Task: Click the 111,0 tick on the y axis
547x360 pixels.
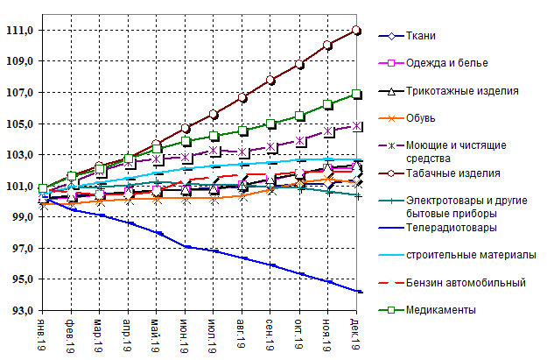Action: pyautogui.click(x=19, y=31)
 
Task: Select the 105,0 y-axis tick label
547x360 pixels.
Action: pyautogui.click(x=19, y=124)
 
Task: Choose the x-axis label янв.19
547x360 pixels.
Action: pyautogui.click(x=42, y=334)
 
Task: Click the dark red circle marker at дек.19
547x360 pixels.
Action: pyautogui.click(x=356, y=30)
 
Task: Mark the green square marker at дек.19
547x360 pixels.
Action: pyautogui.click(x=356, y=94)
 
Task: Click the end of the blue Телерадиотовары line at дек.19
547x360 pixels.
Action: pyautogui.click(x=357, y=292)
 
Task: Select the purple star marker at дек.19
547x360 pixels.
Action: pyautogui.click(x=356, y=126)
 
